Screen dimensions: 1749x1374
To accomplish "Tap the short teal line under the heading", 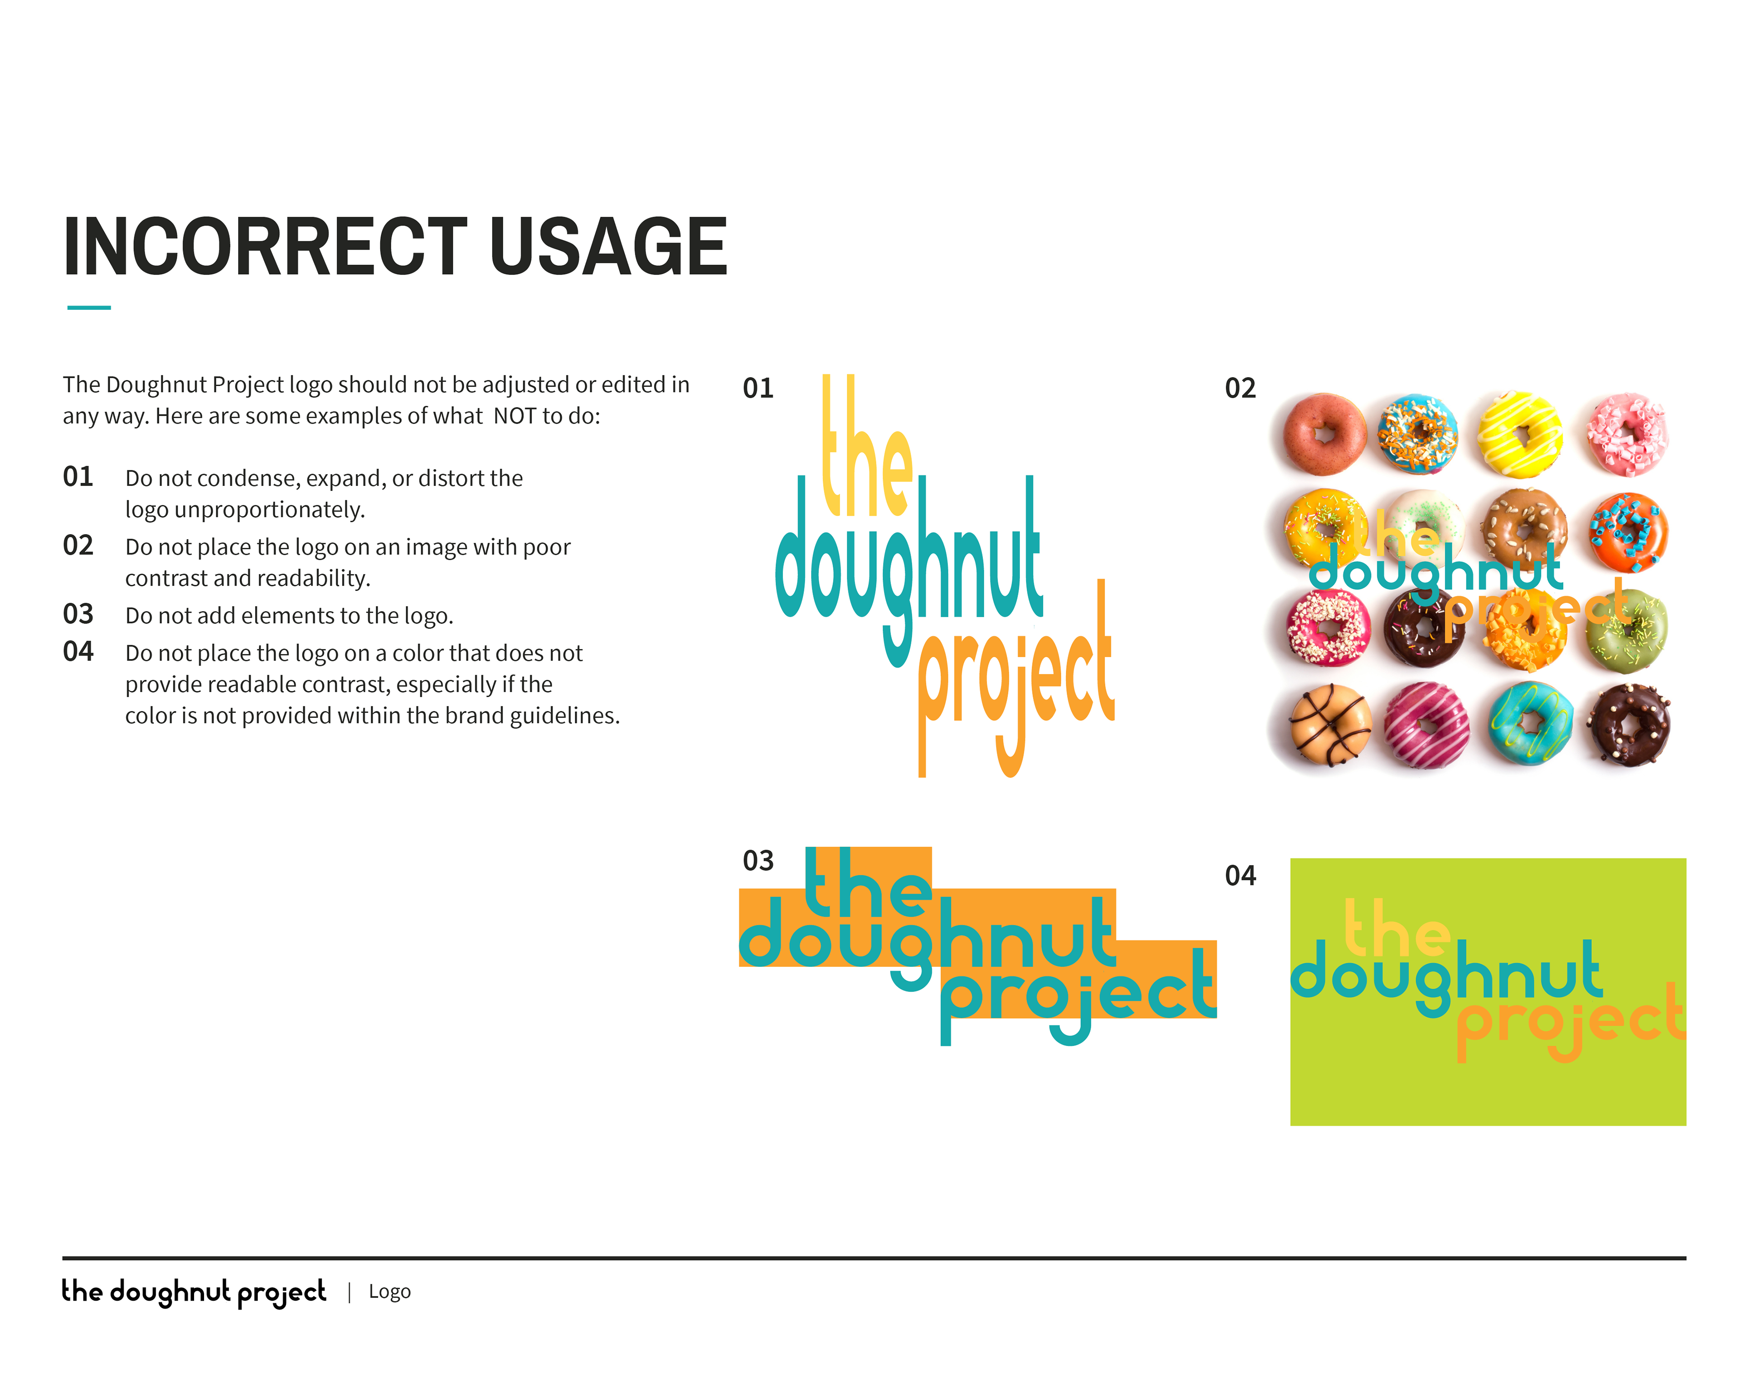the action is (x=88, y=307).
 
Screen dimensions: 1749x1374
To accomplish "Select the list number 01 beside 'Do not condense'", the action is (x=78, y=476).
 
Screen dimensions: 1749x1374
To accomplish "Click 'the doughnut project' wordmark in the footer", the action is (x=194, y=1291).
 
